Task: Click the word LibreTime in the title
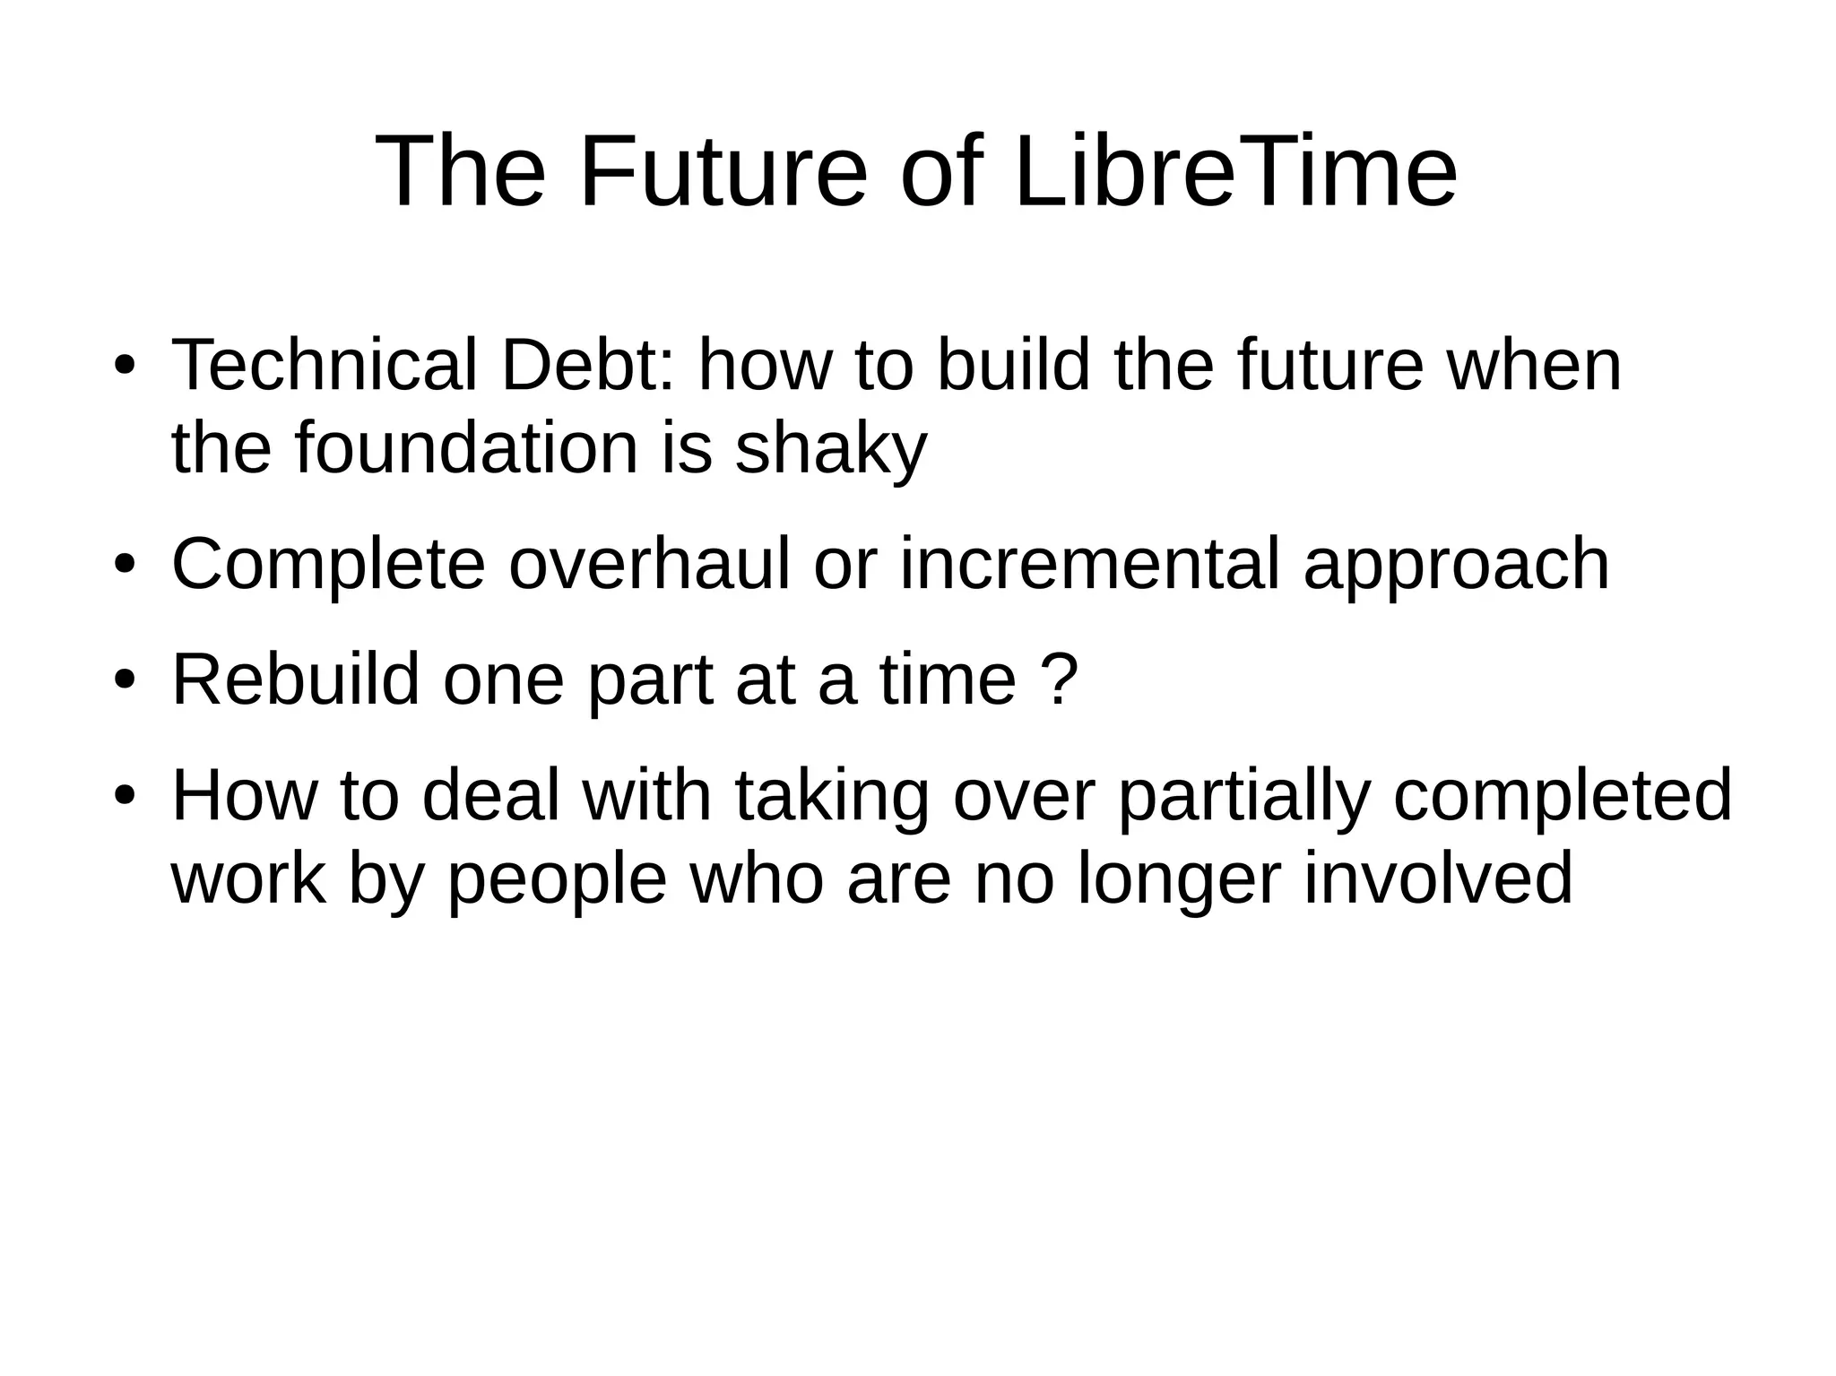pos(1235,170)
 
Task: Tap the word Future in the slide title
pos(723,170)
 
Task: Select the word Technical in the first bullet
pos(324,366)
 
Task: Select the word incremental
pos(1089,564)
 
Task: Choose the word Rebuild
pos(296,679)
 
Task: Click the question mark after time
pos(1061,679)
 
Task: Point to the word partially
pos(1243,796)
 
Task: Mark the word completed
pos(1563,796)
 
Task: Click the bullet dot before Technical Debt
pos(125,368)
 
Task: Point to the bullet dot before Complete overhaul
pos(125,566)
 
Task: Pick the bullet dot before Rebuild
pos(125,681)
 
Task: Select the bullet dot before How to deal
pos(125,797)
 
